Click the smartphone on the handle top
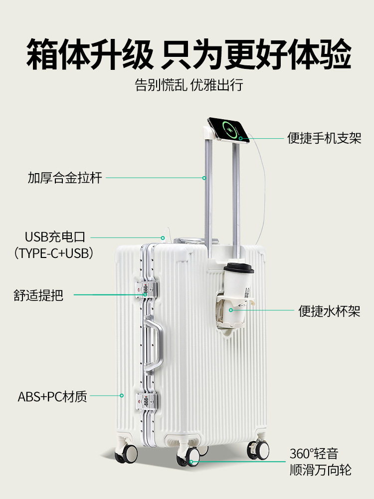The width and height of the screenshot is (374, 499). pyautogui.click(x=228, y=130)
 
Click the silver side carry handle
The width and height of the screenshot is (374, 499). pyautogui.click(x=154, y=344)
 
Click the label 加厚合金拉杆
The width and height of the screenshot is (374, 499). pyautogui.click(x=65, y=178)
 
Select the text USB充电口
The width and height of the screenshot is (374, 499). pyautogui.click(x=55, y=237)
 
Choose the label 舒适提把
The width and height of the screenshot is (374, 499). pyautogui.click(x=38, y=295)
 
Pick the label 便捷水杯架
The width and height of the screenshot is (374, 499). pyautogui.click(x=329, y=311)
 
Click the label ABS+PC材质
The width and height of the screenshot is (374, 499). pyautogui.click(x=52, y=397)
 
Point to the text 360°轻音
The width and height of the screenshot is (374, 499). pyautogui.click(x=314, y=454)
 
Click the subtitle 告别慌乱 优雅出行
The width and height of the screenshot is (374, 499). pyautogui.click(x=188, y=84)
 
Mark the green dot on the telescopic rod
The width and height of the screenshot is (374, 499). pyautogui.click(x=204, y=178)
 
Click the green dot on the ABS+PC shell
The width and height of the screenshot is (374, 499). pyautogui.click(x=122, y=396)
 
